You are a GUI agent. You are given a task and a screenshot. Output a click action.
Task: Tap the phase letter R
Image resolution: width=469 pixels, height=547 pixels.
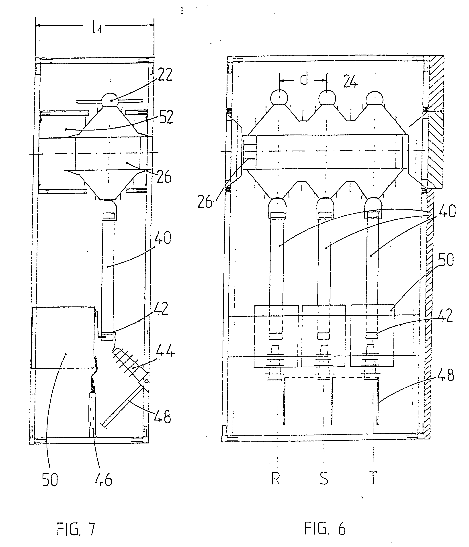pos(276,478)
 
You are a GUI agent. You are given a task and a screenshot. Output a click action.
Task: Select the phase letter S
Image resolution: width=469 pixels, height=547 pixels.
pos(324,478)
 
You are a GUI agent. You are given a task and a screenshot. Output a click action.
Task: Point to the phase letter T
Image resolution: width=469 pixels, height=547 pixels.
pos(373,478)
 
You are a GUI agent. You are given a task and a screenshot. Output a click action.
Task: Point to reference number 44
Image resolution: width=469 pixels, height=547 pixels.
pos(165,350)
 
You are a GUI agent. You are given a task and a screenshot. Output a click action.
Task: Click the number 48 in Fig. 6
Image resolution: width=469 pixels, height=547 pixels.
pos(446,375)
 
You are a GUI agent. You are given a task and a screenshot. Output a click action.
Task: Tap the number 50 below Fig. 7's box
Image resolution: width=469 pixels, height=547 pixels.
pos(50,480)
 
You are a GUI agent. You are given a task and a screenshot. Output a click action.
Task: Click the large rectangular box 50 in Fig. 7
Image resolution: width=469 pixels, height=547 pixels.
pos(63,337)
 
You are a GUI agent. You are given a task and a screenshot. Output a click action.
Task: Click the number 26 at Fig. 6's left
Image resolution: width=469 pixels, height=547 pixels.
pos(205,202)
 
